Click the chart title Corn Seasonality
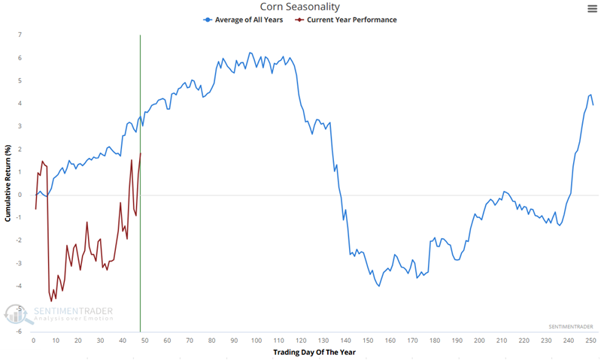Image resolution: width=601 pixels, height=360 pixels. [301, 7]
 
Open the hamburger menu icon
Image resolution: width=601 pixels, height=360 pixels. [592, 8]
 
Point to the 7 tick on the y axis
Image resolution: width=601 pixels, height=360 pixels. [20, 35]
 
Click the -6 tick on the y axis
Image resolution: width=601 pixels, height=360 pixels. [18, 331]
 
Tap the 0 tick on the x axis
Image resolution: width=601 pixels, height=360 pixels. [33, 340]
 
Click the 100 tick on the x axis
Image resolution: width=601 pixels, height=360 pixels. [256, 340]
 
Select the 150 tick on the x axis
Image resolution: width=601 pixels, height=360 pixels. [367, 340]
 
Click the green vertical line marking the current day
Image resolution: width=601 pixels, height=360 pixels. [140, 225]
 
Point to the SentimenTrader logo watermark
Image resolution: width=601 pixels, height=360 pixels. [60, 313]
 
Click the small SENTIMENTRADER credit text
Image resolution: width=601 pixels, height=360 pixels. [570, 327]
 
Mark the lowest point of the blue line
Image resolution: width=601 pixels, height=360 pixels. [379, 286]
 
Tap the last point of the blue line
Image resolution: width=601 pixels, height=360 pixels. [593, 104]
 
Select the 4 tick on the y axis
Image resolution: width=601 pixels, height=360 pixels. [20, 104]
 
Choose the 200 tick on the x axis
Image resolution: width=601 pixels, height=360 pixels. [478, 340]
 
